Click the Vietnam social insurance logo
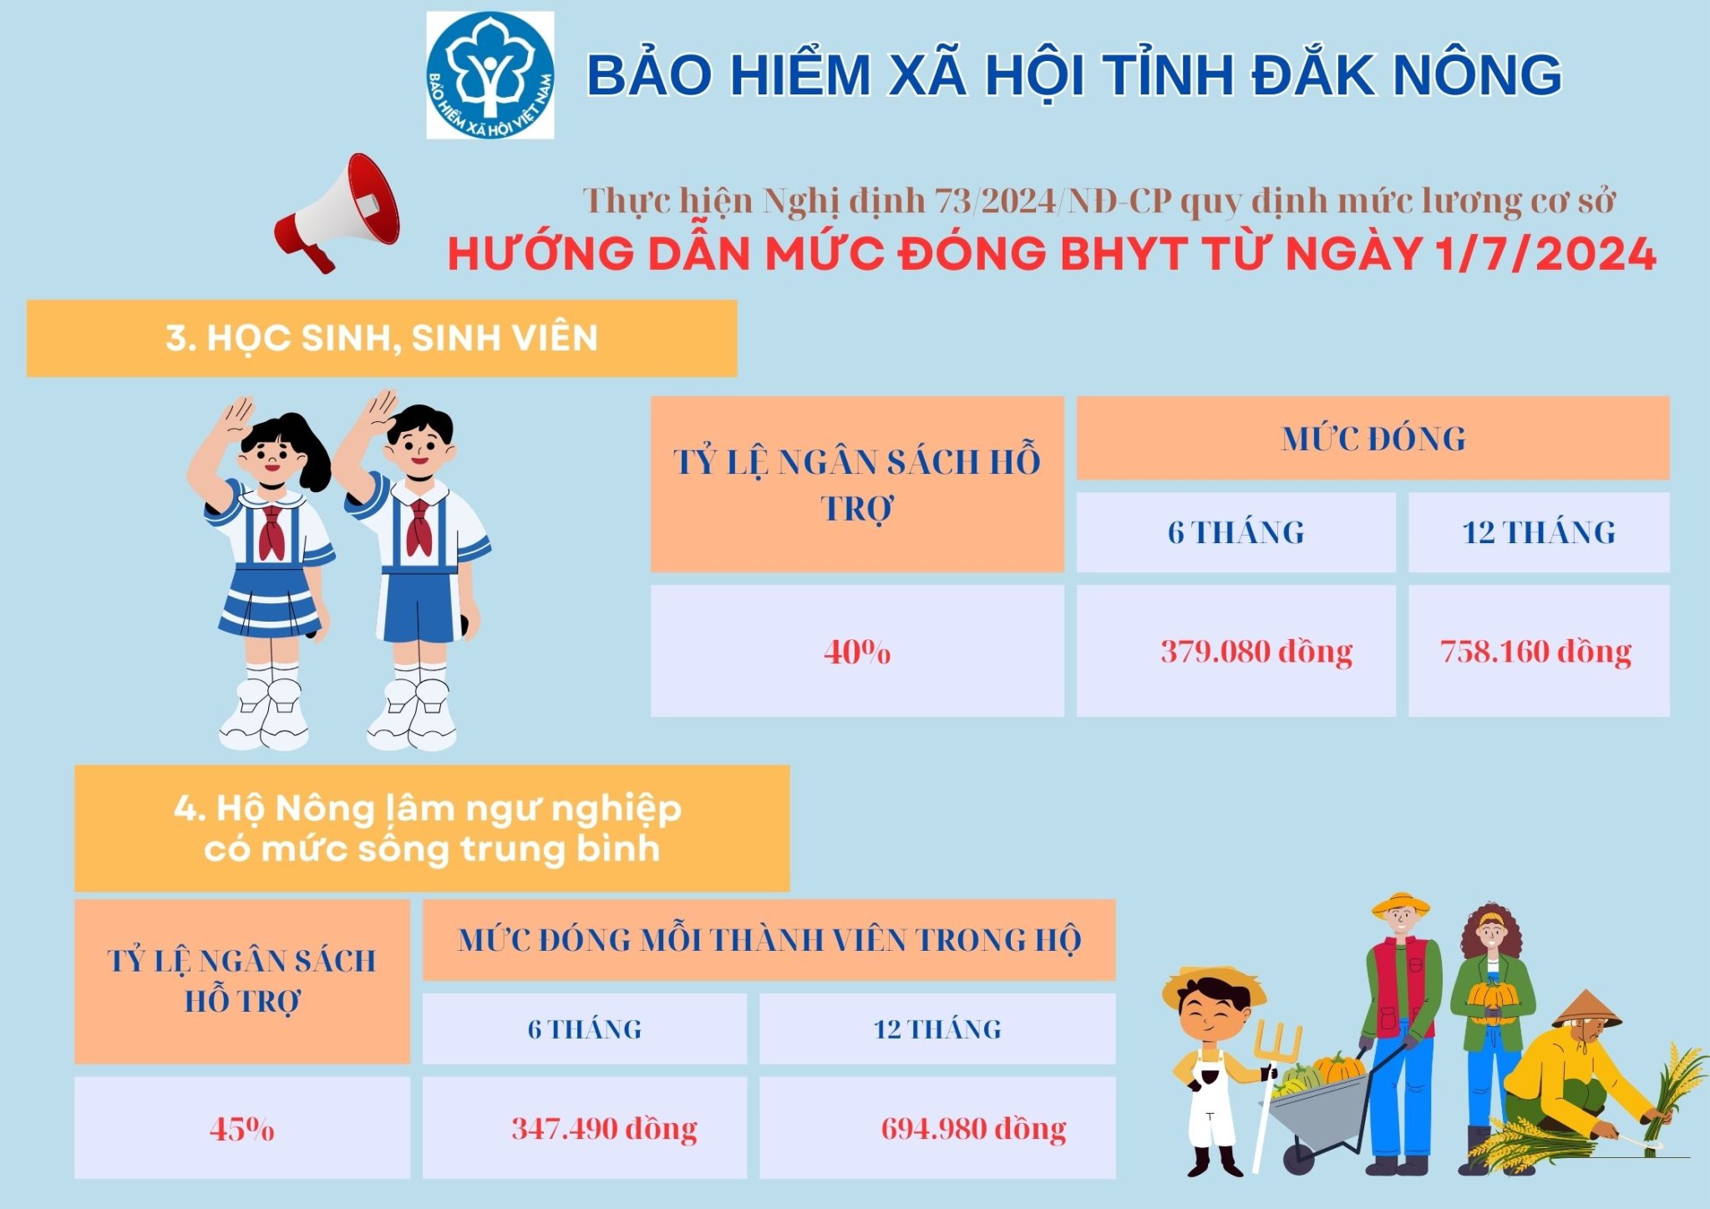490,75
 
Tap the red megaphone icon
338,212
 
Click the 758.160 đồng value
1535,652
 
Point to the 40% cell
857,651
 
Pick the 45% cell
242,1128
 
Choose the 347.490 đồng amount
604,1129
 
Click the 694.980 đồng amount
973,1129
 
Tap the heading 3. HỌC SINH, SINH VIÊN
382,338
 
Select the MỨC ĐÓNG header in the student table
1373,439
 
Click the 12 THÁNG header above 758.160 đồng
1539,532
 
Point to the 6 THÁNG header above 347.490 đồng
585,1029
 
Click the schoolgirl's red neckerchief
271,531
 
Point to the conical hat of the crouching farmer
1586,1010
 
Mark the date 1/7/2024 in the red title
1546,254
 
